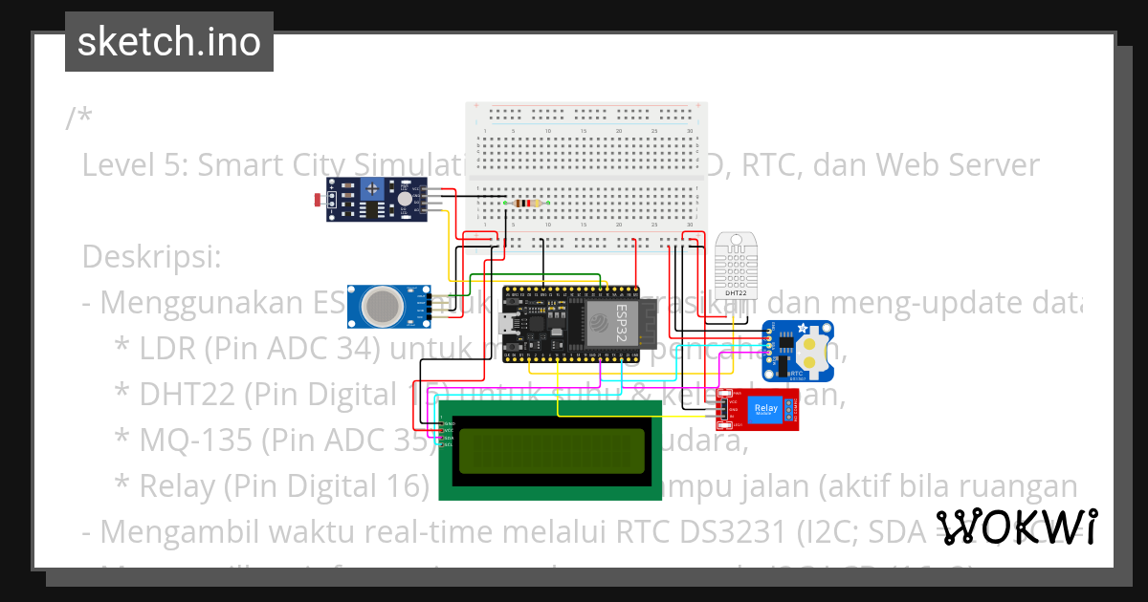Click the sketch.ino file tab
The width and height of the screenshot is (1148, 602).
pyautogui.click(x=168, y=42)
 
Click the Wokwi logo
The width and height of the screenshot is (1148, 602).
pyautogui.click(x=1016, y=527)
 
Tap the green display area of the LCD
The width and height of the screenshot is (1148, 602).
pyautogui.click(x=551, y=451)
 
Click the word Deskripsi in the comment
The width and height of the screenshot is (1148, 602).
pyautogui.click(x=151, y=257)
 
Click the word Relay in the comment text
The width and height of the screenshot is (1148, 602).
pyautogui.click(x=176, y=486)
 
